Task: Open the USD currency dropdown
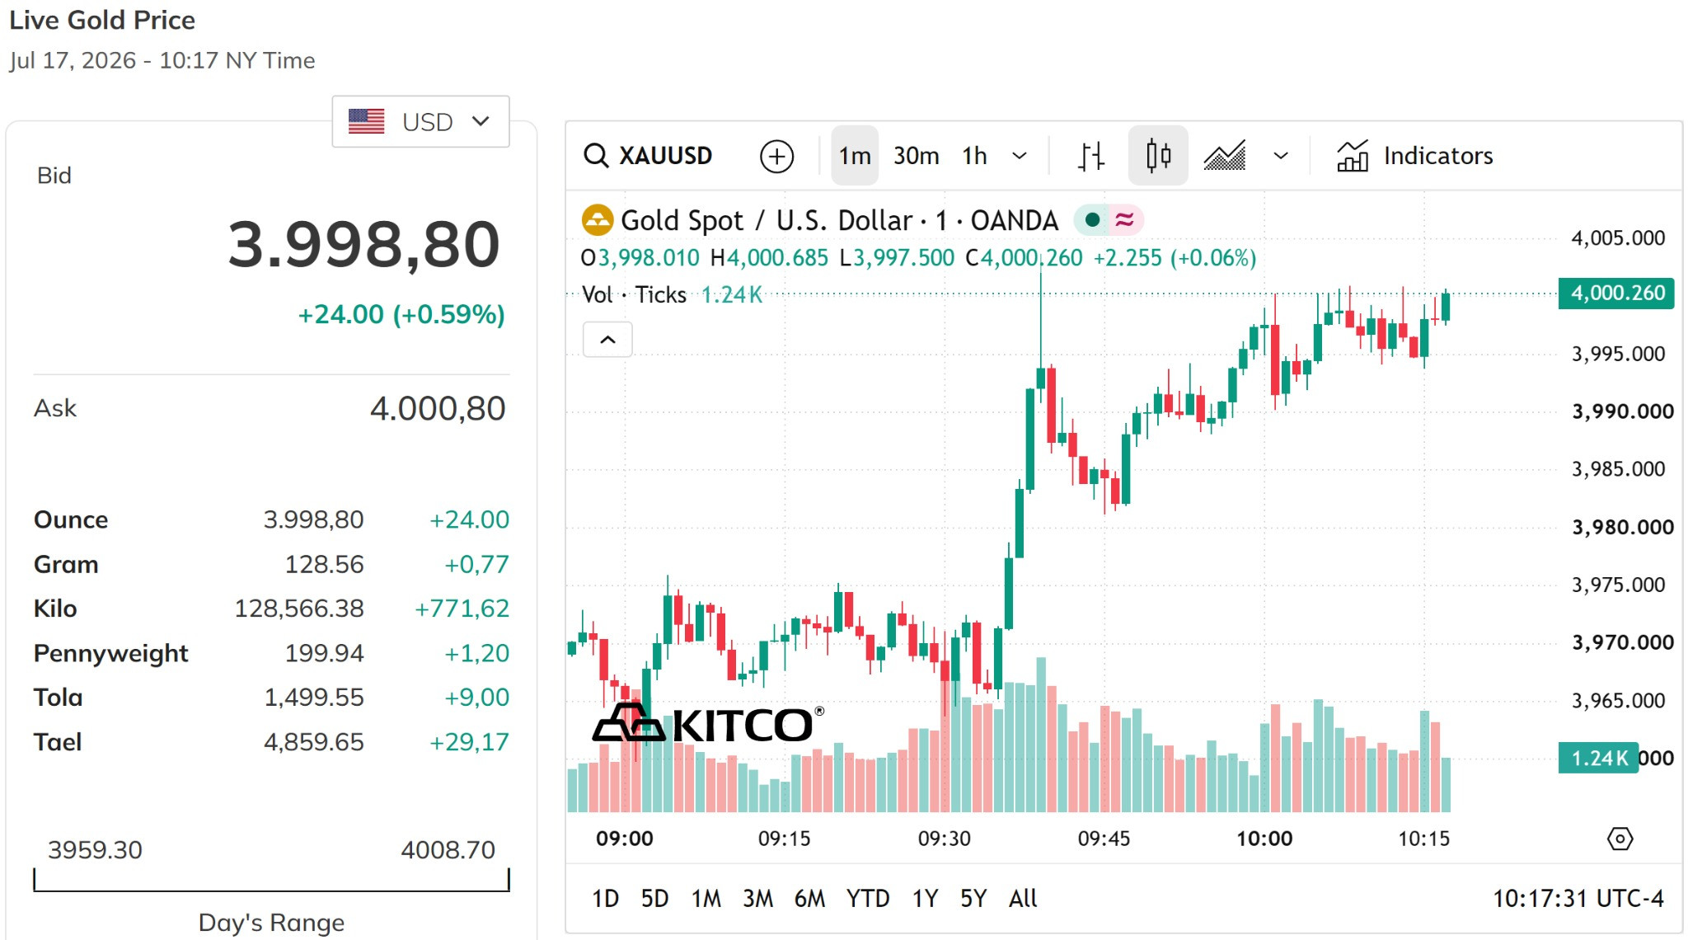pyautogui.click(x=420, y=122)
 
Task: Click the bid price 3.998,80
pyautogui.click(x=364, y=245)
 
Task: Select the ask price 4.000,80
pyautogui.click(x=438, y=408)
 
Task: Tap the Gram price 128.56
pyautogui.click(x=324, y=564)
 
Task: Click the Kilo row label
pyautogui.click(x=55, y=609)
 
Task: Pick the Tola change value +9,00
pyautogui.click(x=477, y=698)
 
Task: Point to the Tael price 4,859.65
pyautogui.click(x=313, y=742)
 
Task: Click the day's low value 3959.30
pyautogui.click(x=95, y=849)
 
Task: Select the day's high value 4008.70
pyautogui.click(x=448, y=849)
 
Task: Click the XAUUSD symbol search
pyautogui.click(x=648, y=156)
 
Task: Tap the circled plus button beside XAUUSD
pyautogui.click(x=776, y=156)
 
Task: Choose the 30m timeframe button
pyautogui.click(x=916, y=156)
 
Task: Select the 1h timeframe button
pyautogui.click(x=974, y=156)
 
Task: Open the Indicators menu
pyautogui.click(x=1414, y=156)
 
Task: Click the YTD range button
pyautogui.click(x=868, y=898)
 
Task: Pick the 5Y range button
pyautogui.click(x=973, y=898)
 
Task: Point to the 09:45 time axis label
pyautogui.click(x=1104, y=839)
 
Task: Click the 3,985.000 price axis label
pyautogui.click(x=1618, y=469)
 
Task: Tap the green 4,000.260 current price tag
pyautogui.click(x=1616, y=293)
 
